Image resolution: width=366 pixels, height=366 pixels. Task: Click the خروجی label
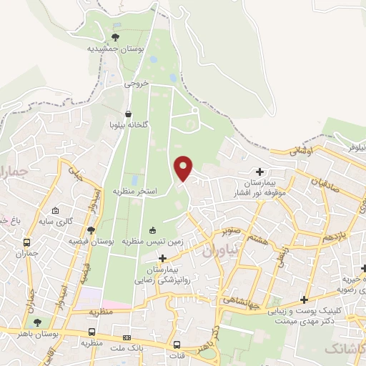pyautogui.click(x=137, y=83)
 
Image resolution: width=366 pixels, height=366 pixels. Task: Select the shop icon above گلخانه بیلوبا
pyautogui.click(x=128, y=114)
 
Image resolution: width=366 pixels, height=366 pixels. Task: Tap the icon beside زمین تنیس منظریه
pyautogui.click(x=152, y=230)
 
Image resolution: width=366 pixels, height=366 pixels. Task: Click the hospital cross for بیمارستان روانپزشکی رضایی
pyautogui.click(x=163, y=258)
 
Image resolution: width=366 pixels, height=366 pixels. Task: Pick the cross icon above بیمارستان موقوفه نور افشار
pyautogui.click(x=259, y=172)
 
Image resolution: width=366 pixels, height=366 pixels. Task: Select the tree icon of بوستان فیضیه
pyautogui.click(x=91, y=230)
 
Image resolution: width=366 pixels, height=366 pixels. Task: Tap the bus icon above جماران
pyautogui.click(x=27, y=242)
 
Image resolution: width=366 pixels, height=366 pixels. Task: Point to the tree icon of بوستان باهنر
pyautogui.click(x=38, y=322)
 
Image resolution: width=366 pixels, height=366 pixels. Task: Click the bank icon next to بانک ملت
pyautogui.click(x=127, y=337)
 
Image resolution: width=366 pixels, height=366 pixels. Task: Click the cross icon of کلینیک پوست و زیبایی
pyautogui.click(x=306, y=300)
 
